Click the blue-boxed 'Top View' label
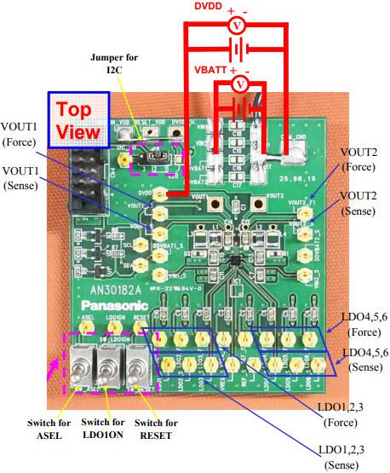(79, 121)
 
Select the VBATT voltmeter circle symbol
(240, 85)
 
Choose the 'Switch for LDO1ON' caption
(108, 429)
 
